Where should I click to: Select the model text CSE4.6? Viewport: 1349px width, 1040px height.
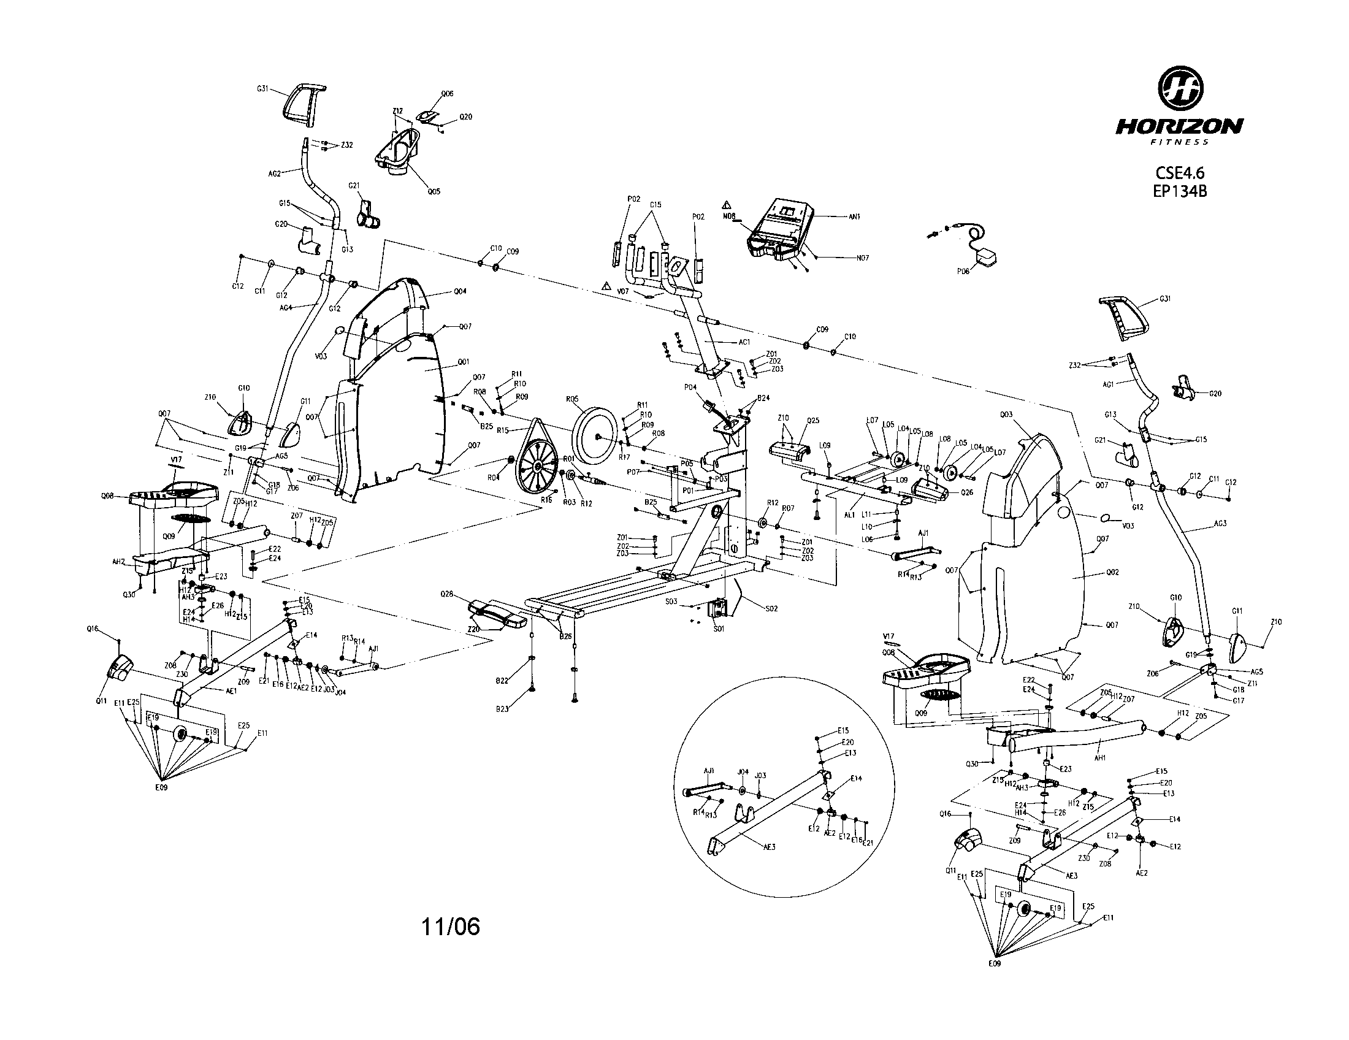1180,174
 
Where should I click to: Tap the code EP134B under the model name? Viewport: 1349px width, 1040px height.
1180,191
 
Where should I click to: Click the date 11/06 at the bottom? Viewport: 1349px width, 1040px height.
450,927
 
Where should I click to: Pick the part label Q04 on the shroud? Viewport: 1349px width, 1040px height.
460,291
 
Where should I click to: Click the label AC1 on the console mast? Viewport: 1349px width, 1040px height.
744,342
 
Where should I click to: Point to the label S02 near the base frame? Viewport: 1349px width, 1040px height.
771,608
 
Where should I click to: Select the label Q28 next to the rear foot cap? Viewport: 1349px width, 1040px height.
446,594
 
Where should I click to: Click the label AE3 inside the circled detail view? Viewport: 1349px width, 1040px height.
769,847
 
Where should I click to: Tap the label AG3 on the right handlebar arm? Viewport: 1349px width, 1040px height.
1220,524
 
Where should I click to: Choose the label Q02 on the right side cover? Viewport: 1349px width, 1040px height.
1112,573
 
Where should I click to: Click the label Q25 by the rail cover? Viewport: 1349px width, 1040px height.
812,421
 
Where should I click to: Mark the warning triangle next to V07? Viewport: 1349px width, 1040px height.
608,286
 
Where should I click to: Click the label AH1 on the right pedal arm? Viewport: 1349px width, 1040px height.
1099,759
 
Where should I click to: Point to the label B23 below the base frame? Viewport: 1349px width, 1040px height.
502,709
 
